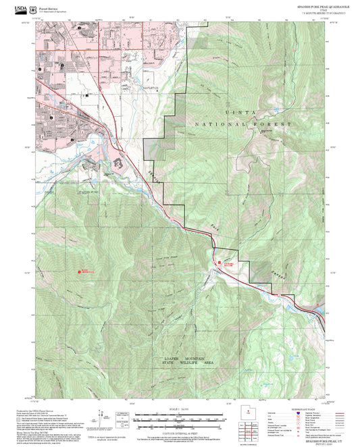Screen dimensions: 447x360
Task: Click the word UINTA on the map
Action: coord(238,115)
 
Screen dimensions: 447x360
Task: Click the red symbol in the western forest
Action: coord(81,271)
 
